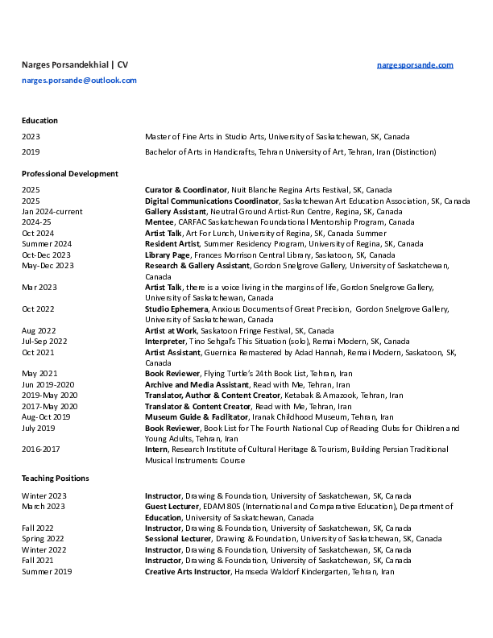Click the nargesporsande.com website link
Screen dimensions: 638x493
[x=415, y=64]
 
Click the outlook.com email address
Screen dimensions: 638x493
[x=79, y=81]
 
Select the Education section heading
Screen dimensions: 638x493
[x=39, y=120]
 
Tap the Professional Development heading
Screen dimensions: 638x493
[x=69, y=173]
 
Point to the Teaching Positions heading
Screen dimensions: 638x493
[x=55, y=478]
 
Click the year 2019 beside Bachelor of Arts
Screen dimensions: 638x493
[x=31, y=151]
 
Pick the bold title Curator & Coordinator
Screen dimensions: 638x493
[x=186, y=190]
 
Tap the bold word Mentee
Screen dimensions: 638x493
[x=159, y=222]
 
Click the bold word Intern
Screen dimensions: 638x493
[x=156, y=449]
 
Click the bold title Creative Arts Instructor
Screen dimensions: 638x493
[x=188, y=571]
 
